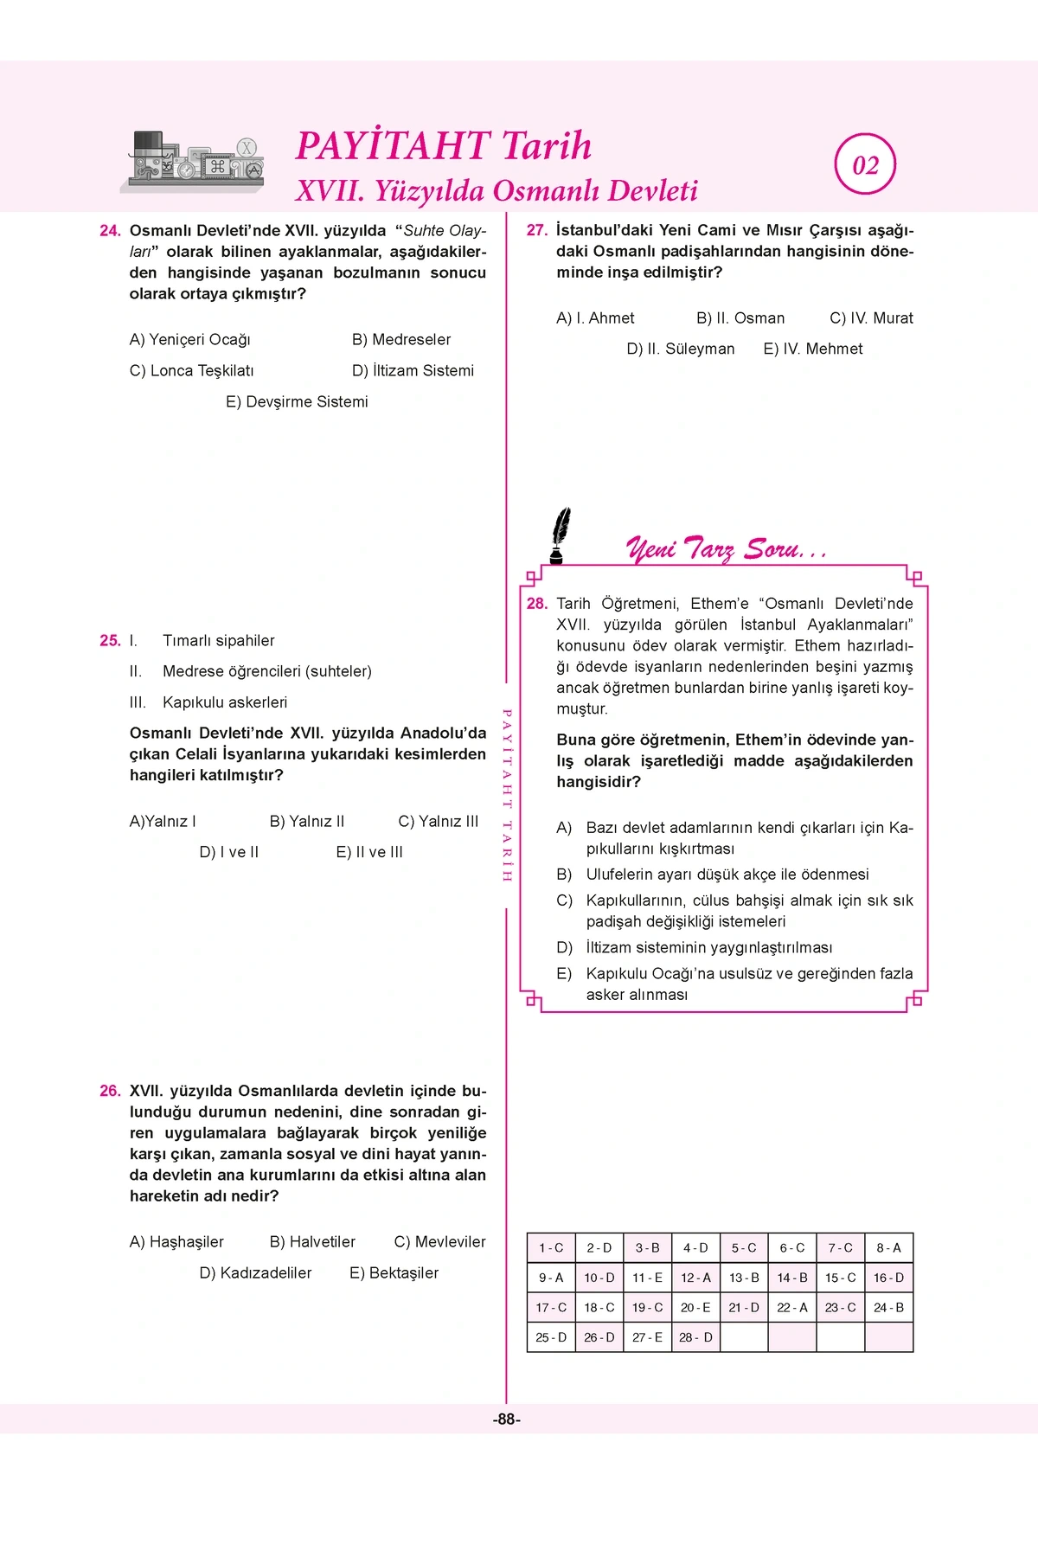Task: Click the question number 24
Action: click(x=110, y=231)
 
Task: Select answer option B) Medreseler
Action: click(x=400, y=340)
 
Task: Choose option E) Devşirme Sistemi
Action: click(x=297, y=402)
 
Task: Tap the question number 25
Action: click(x=110, y=641)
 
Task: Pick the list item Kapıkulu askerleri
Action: click(x=224, y=702)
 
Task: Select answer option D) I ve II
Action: click(x=228, y=853)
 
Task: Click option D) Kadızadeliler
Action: click(x=255, y=1273)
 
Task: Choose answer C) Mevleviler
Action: click(x=439, y=1242)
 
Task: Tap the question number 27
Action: click(x=537, y=231)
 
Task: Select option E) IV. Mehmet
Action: click(x=812, y=349)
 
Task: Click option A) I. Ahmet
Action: click(x=595, y=318)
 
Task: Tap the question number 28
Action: click(x=537, y=604)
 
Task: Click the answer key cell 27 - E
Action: click(x=647, y=1337)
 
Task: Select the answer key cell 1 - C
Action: click(x=551, y=1248)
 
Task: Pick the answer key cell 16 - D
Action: click(x=888, y=1278)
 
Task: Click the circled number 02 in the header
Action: click(x=865, y=165)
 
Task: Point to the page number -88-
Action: click(x=507, y=1419)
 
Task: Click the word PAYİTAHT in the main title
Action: click(x=394, y=146)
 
